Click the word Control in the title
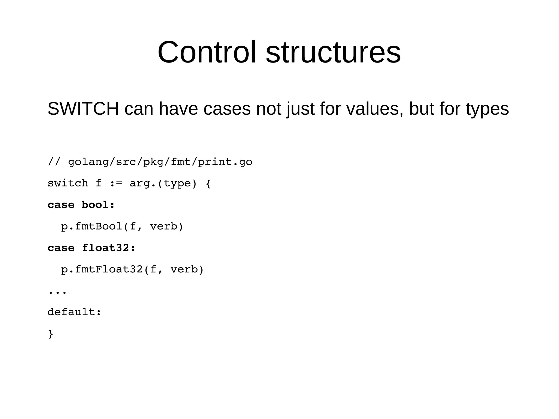click(x=207, y=52)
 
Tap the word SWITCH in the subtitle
click(x=83, y=109)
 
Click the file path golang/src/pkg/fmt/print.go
click(x=160, y=162)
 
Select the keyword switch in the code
click(x=68, y=183)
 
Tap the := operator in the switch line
click(x=116, y=183)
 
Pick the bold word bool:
click(x=98, y=205)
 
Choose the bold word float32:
click(x=109, y=248)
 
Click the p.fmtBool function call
click(x=92, y=226)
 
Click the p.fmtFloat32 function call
click(x=102, y=269)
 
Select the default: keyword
click(x=74, y=312)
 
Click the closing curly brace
click(x=51, y=334)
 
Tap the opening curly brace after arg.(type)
click(x=208, y=183)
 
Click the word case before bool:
click(x=61, y=205)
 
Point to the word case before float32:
click(x=61, y=248)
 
